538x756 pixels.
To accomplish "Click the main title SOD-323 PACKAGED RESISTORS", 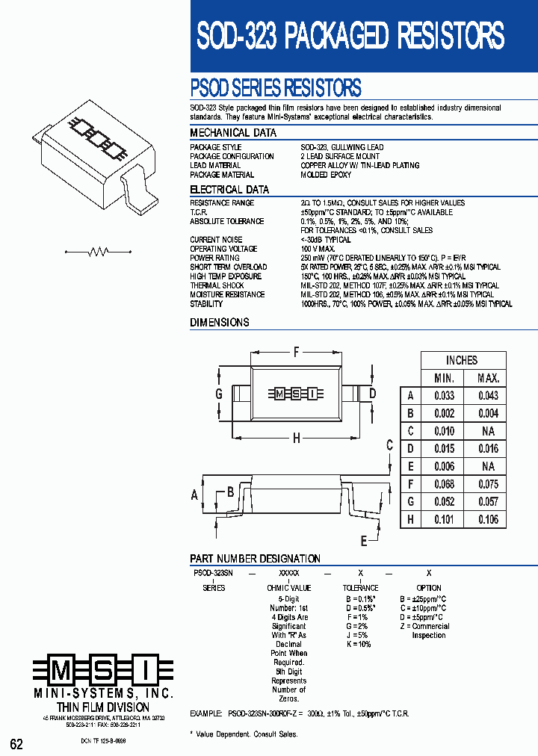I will [350, 35].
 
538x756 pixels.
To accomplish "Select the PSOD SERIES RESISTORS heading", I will [276, 88].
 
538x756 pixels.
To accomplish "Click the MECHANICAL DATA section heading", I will [233, 133].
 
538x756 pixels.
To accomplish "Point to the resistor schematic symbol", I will [98, 252].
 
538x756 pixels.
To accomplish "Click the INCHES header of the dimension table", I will [462, 360].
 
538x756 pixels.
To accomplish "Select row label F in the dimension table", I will [409, 484].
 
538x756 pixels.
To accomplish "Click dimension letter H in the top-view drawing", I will [296, 439].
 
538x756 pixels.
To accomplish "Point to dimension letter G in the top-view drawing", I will [219, 394].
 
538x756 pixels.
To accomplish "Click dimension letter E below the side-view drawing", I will [364, 541].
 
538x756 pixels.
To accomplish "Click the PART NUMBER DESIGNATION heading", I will [255, 559].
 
